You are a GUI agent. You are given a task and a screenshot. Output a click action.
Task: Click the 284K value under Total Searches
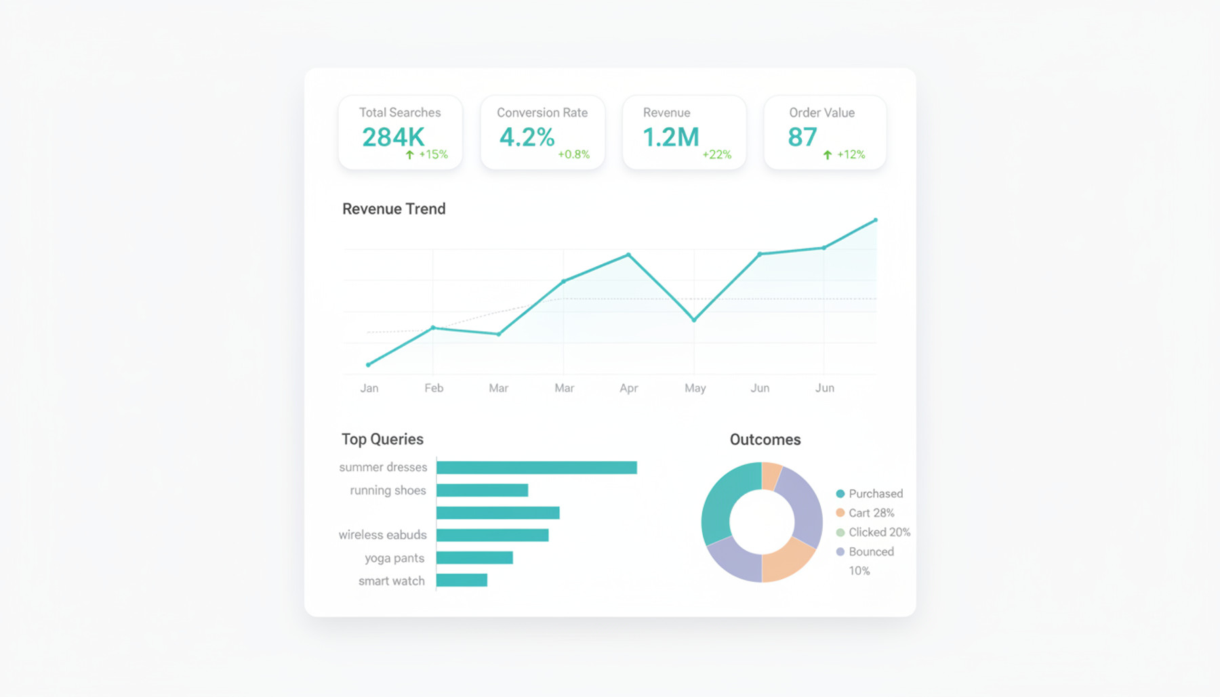coord(393,138)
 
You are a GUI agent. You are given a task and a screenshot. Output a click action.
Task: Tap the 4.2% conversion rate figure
coord(527,138)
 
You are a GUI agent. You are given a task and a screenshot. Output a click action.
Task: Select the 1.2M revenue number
coord(670,138)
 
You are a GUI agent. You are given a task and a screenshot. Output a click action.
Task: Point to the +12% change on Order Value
coord(851,154)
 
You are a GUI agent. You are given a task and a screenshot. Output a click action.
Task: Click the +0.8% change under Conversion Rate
coord(573,154)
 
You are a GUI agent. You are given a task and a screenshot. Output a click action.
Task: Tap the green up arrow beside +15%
coord(409,154)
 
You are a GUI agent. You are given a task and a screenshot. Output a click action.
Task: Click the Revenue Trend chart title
coord(394,209)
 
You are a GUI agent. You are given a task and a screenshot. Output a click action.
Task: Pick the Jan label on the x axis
coord(369,388)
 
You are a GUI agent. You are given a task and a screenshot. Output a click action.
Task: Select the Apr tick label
coord(628,388)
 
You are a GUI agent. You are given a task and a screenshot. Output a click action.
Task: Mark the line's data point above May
coord(694,320)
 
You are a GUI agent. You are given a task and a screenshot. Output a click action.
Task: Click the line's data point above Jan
coord(368,364)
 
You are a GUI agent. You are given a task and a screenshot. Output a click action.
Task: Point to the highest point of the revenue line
coord(876,220)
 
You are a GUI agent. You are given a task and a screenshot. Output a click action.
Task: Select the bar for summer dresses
coord(536,467)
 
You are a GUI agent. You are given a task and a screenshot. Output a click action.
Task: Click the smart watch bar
coord(462,580)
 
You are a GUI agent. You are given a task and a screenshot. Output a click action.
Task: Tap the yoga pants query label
coord(394,558)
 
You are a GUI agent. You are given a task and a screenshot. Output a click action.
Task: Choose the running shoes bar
coord(482,490)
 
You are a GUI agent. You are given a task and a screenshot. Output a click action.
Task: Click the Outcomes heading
coord(765,440)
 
